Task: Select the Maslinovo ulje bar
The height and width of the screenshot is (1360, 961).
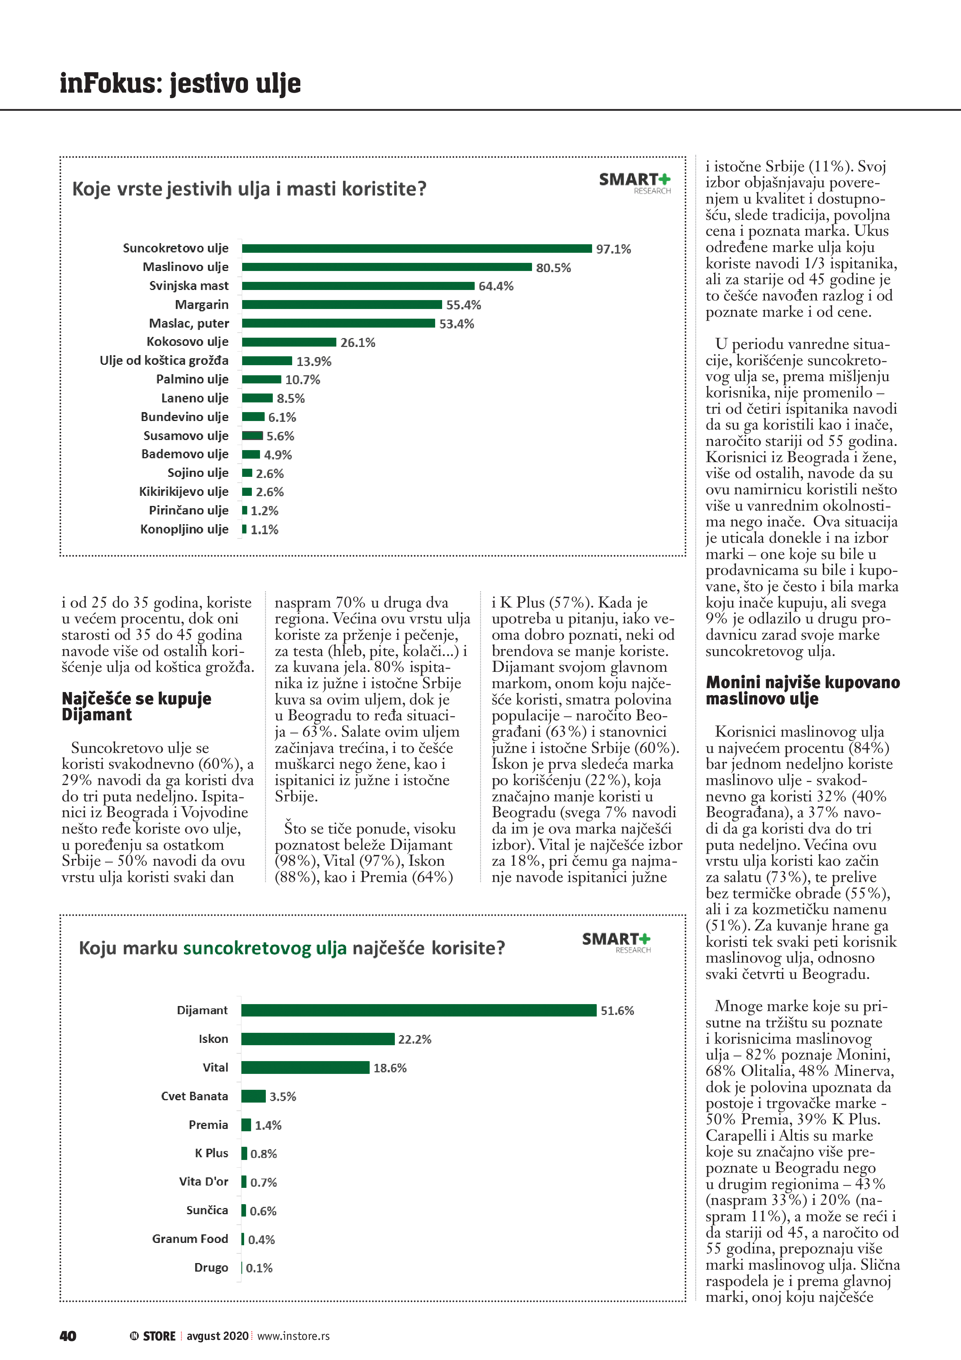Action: (387, 267)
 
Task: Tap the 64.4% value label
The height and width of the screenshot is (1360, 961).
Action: (496, 286)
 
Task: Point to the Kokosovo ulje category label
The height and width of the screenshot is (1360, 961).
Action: (187, 342)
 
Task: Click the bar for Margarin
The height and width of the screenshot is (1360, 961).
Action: (342, 304)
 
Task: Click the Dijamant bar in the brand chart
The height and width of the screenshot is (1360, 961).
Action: (418, 1010)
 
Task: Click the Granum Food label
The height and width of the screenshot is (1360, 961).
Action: (189, 1239)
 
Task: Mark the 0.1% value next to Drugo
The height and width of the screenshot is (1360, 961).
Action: (259, 1268)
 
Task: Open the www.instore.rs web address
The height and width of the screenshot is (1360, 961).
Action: (293, 1336)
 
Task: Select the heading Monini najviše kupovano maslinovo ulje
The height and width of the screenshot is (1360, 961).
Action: (802, 690)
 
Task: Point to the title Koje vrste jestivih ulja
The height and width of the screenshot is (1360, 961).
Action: (249, 189)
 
